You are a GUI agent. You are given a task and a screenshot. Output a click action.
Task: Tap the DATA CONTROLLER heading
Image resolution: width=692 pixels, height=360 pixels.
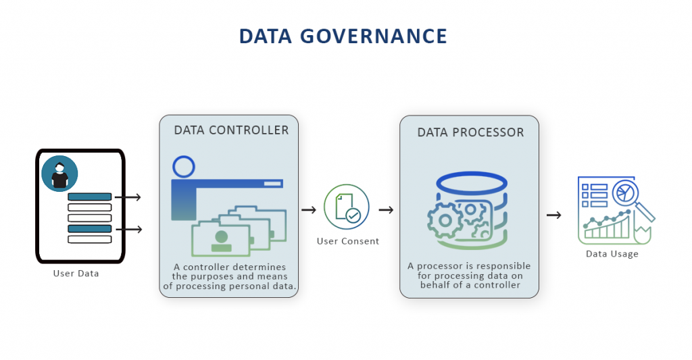coord(231,130)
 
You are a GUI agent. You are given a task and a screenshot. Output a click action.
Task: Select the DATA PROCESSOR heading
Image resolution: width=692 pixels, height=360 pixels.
coord(470,132)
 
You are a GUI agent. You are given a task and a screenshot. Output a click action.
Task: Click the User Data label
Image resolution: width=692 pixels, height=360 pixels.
coord(76,274)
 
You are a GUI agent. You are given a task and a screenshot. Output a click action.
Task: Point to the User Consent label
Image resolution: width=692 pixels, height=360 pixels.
coord(348,241)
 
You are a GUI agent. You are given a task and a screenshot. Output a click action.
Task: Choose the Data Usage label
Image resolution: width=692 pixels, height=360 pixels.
coord(612,254)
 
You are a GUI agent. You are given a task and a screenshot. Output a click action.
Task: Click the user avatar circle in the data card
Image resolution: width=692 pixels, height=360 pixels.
coord(59,174)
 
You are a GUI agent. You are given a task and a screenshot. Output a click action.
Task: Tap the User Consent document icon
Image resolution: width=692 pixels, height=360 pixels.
coord(346,206)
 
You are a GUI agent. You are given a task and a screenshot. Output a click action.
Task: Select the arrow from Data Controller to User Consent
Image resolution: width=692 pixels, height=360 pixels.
coord(309,210)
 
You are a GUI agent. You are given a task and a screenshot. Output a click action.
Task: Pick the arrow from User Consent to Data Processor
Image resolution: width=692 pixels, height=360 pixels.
coord(387,210)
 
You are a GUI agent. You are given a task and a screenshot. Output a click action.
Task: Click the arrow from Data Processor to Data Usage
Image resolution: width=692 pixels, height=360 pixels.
coord(554,215)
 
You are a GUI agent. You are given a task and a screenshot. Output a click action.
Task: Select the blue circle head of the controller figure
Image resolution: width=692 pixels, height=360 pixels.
coord(183,166)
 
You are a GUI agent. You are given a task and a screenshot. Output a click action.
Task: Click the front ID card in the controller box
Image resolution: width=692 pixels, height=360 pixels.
coord(221,240)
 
